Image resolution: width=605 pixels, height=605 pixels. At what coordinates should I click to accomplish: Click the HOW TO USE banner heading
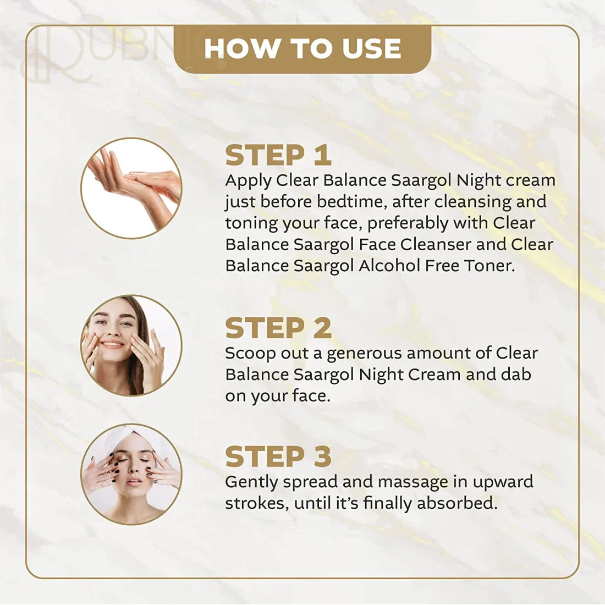pyautogui.click(x=302, y=48)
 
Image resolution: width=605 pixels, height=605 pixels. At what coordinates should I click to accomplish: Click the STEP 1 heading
pyautogui.click(x=278, y=155)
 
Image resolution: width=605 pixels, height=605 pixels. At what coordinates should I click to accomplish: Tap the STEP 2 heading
pyautogui.click(x=278, y=328)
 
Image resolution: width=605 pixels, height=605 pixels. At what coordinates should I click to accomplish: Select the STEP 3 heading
pyautogui.click(x=278, y=457)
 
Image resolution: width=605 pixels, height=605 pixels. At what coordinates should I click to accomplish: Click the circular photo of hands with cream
pyautogui.click(x=131, y=188)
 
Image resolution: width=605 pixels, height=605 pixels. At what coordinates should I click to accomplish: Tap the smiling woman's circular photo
pyautogui.click(x=131, y=345)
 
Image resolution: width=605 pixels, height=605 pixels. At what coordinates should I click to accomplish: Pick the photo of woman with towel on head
pyautogui.click(x=131, y=474)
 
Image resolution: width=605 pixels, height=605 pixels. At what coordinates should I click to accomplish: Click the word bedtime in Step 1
pyautogui.click(x=353, y=201)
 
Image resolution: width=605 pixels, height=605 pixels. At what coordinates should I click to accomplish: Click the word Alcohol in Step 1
pyautogui.click(x=389, y=266)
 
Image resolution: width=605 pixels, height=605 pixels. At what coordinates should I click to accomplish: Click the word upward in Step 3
pyautogui.click(x=503, y=482)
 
